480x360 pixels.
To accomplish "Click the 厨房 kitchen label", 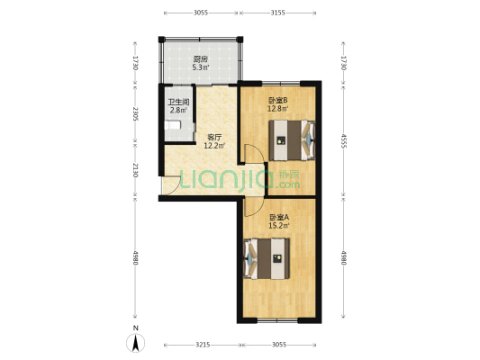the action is tap(201, 58).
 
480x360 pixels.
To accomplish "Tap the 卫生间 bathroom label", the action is tap(178, 102).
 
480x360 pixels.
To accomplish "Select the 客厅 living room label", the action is tap(214, 137).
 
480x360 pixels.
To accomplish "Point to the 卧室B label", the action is tap(277, 100).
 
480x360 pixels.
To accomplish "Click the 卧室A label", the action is tap(279, 218).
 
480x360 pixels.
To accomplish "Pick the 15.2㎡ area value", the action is tap(279, 226).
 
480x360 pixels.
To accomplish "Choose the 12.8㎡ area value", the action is tap(277, 109).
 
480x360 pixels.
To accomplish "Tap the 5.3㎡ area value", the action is tap(201, 67).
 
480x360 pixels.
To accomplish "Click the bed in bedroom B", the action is tap(292, 140).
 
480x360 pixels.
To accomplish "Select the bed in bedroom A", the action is tap(267, 259).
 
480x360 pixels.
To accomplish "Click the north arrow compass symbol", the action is tap(136, 343).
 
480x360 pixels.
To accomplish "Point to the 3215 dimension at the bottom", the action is tap(203, 345).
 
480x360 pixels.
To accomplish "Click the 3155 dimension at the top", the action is tap(278, 13).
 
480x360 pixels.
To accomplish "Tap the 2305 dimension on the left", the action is tap(135, 113).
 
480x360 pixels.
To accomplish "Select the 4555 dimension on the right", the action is tap(343, 140).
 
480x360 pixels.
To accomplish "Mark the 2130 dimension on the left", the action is tap(135, 170).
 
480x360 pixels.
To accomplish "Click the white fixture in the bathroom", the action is tap(173, 125).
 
